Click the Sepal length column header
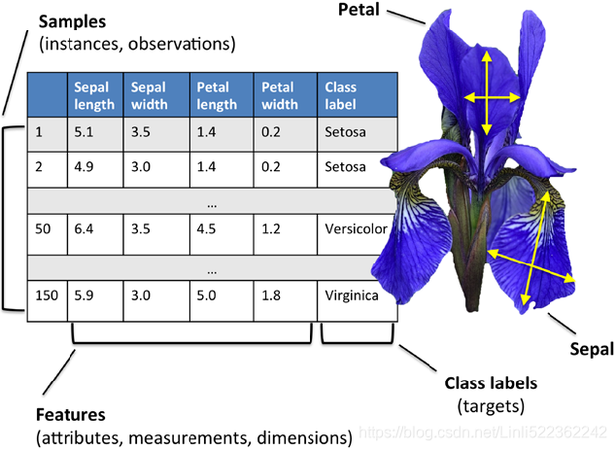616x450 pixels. (x=94, y=94)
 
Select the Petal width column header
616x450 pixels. (x=279, y=94)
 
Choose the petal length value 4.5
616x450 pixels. (x=208, y=230)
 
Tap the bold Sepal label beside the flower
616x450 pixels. (x=592, y=347)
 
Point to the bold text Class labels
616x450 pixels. (x=490, y=383)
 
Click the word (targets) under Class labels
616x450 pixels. (x=490, y=402)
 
